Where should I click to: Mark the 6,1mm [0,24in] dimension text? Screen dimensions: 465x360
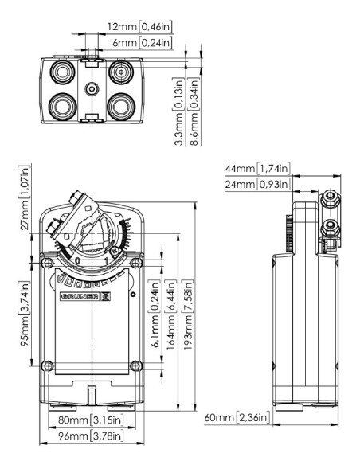(x=157, y=307)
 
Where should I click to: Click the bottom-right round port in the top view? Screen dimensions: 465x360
(x=121, y=104)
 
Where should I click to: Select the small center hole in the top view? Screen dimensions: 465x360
(x=92, y=88)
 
